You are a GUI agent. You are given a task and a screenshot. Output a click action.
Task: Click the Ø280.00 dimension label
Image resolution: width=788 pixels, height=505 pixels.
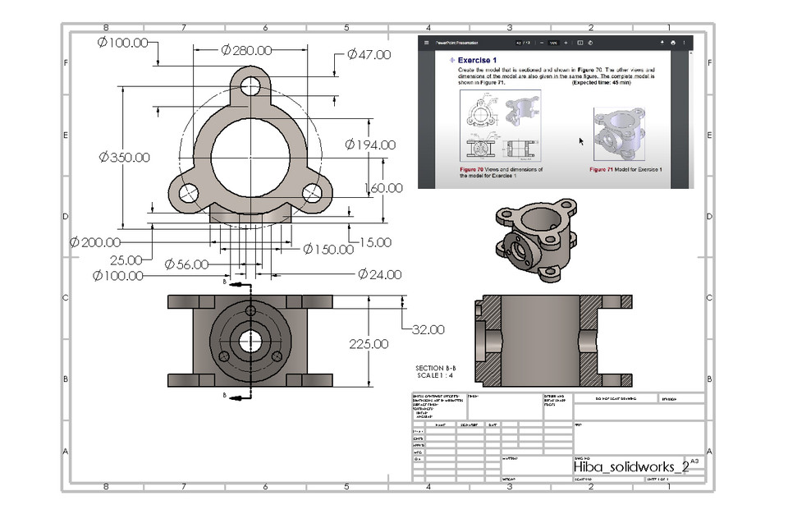[247, 51]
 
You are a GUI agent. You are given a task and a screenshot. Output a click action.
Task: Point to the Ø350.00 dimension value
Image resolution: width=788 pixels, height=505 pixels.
[124, 157]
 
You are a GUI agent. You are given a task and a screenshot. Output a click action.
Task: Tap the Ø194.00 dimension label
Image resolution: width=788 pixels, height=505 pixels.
[370, 145]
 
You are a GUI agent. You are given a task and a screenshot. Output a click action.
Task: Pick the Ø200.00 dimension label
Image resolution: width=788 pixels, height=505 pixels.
[95, 242]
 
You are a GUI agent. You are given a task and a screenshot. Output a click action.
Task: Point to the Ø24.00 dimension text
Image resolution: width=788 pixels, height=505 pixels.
[379, 274]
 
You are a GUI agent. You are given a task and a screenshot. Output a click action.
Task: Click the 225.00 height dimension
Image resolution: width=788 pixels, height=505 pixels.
[369, 344]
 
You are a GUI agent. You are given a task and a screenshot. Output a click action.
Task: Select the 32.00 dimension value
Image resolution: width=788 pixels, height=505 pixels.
[427, 329]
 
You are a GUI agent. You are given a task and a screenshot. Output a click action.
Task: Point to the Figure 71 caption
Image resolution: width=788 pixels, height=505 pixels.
[625, 169]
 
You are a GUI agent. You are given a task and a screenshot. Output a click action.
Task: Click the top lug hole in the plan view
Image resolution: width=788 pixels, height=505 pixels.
[250, 85]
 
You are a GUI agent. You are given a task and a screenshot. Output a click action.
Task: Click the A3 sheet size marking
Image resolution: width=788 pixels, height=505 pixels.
[695, 462]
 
